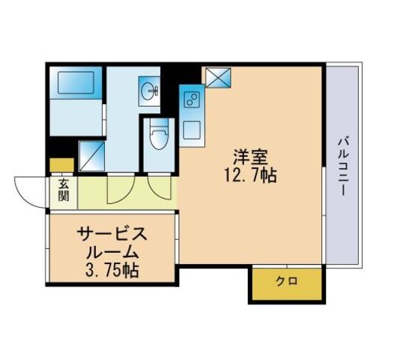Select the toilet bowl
coord(158,137)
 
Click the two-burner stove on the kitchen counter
coord(190,99)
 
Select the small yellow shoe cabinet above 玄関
coord(61,166)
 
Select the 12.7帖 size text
coord(251,177)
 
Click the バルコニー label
coord(343,166)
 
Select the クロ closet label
coord(286,282)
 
